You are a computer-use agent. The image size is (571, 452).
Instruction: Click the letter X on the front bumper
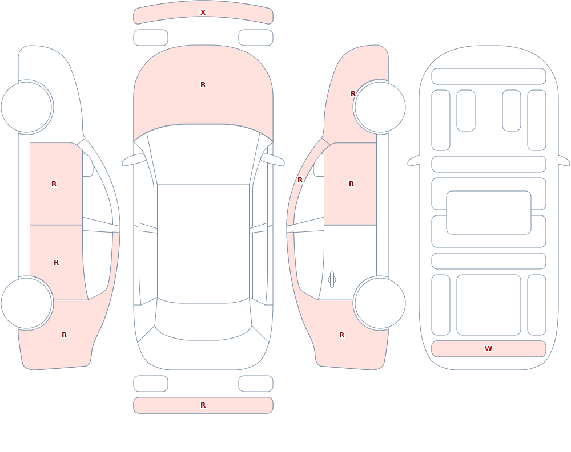(x=203, y=13)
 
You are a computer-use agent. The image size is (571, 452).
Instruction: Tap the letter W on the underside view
(x=488, y=349)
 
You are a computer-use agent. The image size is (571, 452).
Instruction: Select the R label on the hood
(x=203, y=85)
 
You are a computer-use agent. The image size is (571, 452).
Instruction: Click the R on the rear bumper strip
(x=203, y=405)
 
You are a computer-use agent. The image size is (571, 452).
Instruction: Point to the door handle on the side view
(x=332, y=280)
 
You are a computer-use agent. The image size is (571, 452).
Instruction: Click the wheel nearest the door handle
(x=380, y=303)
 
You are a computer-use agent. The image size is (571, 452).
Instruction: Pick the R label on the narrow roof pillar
(x=300, y=180)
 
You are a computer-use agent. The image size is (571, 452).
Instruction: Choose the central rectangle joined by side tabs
(x=489, y=213)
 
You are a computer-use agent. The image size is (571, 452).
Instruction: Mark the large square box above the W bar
(x=489, y=305)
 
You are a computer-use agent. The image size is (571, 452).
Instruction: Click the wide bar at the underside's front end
(x=489, y=76)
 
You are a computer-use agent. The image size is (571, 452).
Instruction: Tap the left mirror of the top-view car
(x=134, y=160)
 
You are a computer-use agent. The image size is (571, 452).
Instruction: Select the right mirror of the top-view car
(x=272, y=160)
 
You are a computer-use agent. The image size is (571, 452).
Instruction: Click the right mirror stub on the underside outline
(x=564, y=160)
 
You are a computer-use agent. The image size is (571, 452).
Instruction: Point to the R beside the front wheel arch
(x=353, y=94)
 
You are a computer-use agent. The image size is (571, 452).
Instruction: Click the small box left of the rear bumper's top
(x=151, y=384)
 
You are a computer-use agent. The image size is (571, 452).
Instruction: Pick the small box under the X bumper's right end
(x=256, y=38)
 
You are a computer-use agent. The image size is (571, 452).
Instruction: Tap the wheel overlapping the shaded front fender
(x=380, y=107)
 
